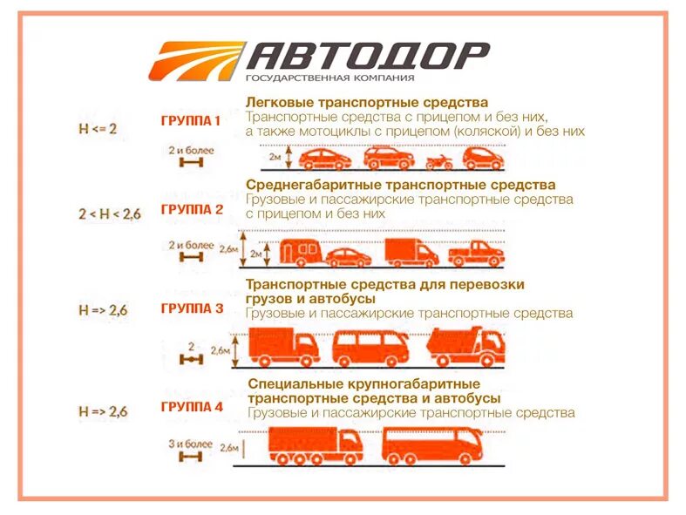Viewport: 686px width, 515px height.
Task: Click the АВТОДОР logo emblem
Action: tap(195, 60)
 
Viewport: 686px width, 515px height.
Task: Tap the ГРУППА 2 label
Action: tap(192, 209)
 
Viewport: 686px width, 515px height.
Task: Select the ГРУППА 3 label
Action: tap(192, 308)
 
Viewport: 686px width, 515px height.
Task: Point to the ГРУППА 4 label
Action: tap(192, 407)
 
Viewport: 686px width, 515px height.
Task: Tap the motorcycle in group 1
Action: tap(438, 160)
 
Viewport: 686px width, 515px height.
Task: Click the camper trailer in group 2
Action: tap(297, 252)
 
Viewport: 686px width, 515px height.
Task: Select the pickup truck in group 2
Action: tap(476, 254)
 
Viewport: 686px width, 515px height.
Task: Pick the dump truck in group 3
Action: tap(465, 346)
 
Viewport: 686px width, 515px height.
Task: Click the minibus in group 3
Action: tap(370, 348)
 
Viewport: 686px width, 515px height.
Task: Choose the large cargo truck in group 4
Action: tap(315, 445)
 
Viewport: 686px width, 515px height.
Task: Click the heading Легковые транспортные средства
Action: tap(366, 102)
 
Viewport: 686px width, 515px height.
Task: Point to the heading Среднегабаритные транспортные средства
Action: tap(400, 185)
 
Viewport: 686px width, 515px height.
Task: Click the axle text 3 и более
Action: tap(190, 444)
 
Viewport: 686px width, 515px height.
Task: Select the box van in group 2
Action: tap(411, 252)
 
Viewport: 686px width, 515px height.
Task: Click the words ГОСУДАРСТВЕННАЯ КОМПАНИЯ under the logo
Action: tap(316, 78)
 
